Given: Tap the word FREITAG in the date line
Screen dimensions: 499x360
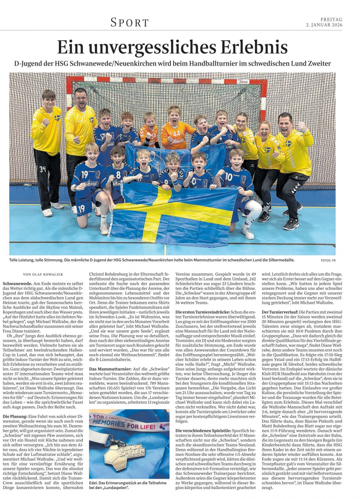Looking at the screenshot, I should click(332, 19).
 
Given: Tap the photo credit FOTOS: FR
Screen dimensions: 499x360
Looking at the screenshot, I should click(328, 261).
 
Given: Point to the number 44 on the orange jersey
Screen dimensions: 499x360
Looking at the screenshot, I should click(176, 134).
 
